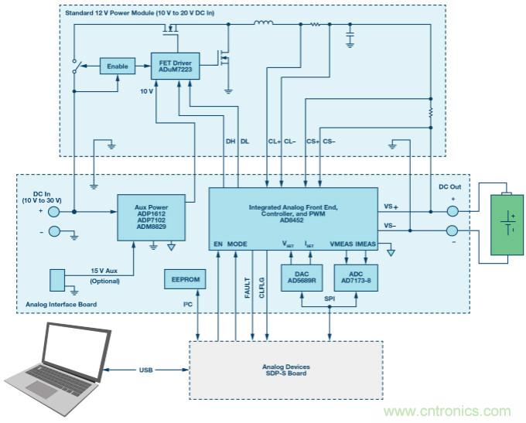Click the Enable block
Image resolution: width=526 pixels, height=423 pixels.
point(117,67)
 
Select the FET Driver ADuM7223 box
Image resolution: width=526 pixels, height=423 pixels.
point(176,66)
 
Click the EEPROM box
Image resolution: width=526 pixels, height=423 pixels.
point(183,281)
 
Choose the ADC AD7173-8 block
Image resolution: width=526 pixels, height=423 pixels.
point(356,277)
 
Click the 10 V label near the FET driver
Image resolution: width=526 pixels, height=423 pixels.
point(146,90)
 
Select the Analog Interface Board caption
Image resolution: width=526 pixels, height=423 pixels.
point(61,304)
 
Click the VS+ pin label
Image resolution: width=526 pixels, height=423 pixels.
point(391,206)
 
